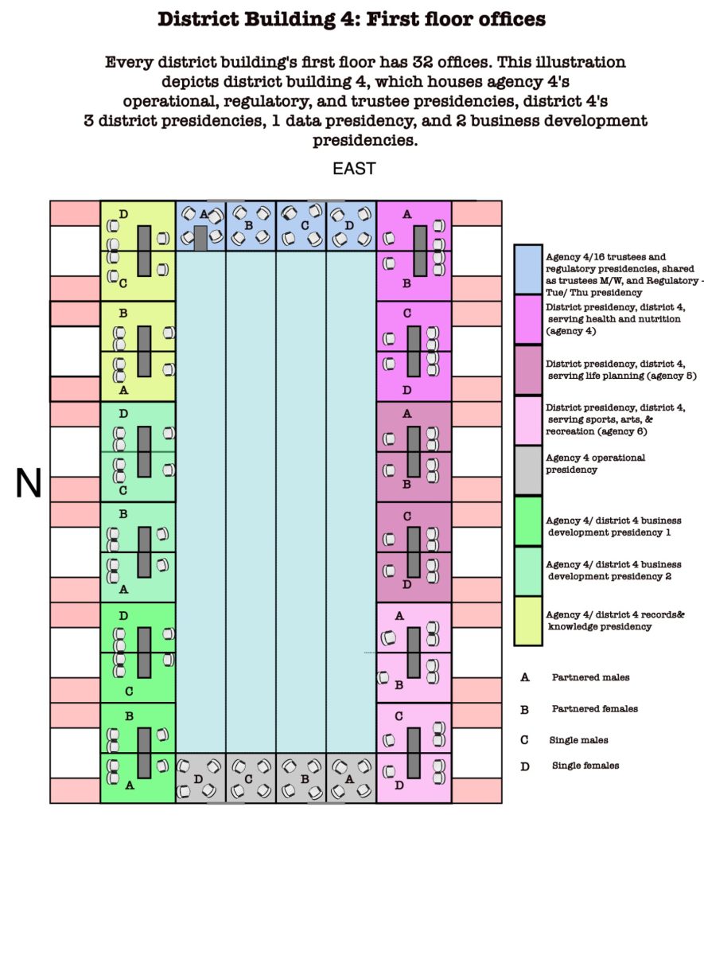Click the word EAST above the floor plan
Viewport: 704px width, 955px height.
pyautogui.click(x=354, y=169)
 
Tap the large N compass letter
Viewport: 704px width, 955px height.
pyautogui.click(x=29, y=483)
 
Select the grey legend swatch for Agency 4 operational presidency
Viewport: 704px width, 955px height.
pyautogui.click(x=528, y=470)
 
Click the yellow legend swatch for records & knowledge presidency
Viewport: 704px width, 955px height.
pyautogui.click(x=528, y=622)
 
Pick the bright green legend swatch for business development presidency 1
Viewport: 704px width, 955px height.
pyautogui.click(x=528, y=521)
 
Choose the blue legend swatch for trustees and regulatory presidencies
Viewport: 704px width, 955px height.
pyautogui.click(x=528, y=270)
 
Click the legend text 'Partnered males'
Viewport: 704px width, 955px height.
pyautogui.click(x=590, y=677)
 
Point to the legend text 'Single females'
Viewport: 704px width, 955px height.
pyautogui.click(x=585, y=766)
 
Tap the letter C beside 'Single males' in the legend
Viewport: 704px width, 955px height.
pyautogui.click(x=524, y=740)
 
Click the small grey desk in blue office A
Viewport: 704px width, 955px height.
pyautogui.click(x=200, y=238)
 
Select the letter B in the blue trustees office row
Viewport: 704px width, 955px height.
pyautogui.click(x=249, y=225)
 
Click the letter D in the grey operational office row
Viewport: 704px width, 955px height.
pyautogui.click(x=198, y=779)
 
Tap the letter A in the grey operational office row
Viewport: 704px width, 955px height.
pyautogui.click(x=349, y=779)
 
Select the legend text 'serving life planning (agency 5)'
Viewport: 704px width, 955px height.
pyautogui.click(x=622, y=376)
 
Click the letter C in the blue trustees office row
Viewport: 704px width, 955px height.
pyautogui.click(x=305, y=225)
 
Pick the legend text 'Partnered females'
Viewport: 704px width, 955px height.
pyautogui.click(x=595, y=708)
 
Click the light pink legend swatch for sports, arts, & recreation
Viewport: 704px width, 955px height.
pyautogui.click(x=528, y=420)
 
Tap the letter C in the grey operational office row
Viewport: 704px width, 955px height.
pyautogui.click(x=248, y=779)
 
